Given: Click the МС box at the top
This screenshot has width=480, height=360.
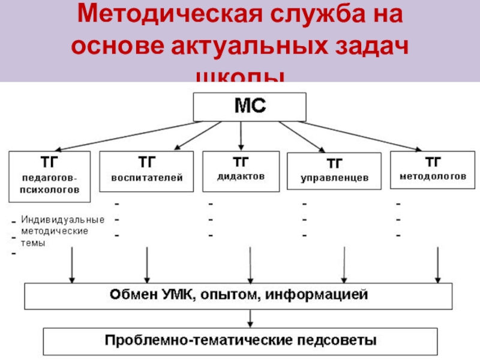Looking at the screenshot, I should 249,107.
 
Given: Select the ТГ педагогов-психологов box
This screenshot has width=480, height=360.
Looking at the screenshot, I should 50,177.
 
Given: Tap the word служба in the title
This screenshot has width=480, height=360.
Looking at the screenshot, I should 300,16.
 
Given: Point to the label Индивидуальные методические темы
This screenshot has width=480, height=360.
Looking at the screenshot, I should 62,231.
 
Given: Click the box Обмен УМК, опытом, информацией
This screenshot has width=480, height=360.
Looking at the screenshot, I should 238,295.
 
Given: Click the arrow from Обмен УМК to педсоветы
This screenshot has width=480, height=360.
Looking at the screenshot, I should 249,317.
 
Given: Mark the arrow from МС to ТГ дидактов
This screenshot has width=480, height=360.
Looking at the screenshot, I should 241,135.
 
